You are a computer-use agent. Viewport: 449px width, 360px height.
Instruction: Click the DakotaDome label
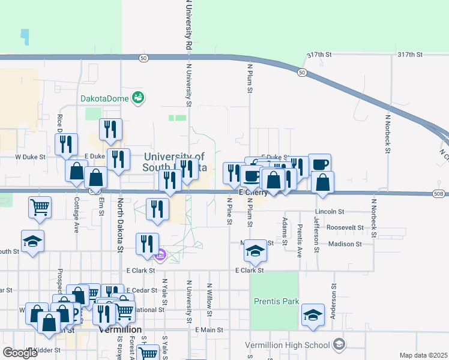106,98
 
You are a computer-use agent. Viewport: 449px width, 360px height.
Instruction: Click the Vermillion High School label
287,345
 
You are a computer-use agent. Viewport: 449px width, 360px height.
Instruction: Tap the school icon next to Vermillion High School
339,344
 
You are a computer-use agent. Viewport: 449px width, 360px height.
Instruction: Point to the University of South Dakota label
175,162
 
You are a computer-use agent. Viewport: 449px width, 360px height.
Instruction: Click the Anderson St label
333,298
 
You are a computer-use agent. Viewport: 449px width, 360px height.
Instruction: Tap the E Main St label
209,330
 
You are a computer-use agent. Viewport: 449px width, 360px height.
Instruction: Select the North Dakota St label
120,226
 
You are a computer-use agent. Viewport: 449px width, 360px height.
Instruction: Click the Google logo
20,352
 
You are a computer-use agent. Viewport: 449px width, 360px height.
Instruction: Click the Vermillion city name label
119,330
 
